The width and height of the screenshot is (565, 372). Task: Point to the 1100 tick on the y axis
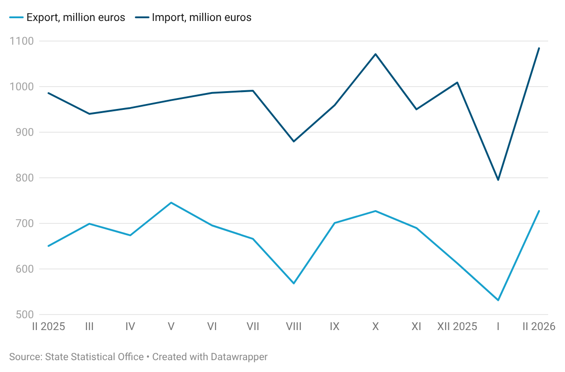[x=21, y=41]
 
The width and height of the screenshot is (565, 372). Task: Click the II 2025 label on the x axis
[x=48, y=326]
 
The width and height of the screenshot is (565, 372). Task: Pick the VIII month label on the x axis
[x=293, y=326]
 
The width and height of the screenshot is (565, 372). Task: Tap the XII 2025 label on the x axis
[x=457, y=326]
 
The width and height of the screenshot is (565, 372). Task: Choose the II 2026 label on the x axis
[x=538, y=326]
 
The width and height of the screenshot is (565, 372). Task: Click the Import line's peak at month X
[x=375, y=54]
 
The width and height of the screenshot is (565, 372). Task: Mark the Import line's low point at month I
[x=498, y=180]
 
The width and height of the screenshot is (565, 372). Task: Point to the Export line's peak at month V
[x=171, y=202]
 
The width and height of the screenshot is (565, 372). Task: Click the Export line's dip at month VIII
[x=293, y=284]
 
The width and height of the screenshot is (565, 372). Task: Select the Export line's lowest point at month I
[x=498, y=300]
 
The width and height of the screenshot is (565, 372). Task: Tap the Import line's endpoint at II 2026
[x=539, y=48]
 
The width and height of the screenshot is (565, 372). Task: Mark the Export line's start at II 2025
[x=48, y=246]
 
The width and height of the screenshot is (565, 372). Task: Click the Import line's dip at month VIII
[x=293, y=141]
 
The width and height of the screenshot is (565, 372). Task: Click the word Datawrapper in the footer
[x=239, y=357]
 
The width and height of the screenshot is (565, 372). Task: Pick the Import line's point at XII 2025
[x=457, y=83]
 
